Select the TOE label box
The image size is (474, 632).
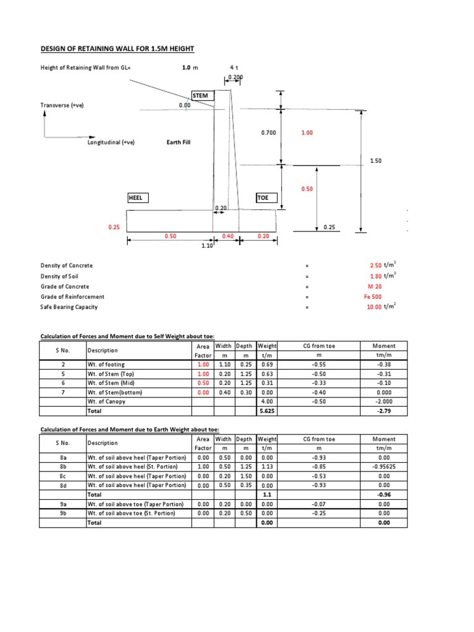(267, 197)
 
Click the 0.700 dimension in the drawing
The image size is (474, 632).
(269, 133)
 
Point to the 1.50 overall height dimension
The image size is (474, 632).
(376, 160)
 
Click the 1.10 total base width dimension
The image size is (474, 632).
(207, 246)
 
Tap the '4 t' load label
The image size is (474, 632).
(234, 67)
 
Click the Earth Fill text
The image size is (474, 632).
(178, 142)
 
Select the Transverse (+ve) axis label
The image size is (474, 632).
(62, 106)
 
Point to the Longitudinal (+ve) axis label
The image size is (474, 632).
(111, 142)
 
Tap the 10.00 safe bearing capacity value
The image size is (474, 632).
(375, 307)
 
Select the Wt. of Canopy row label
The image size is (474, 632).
(107, 401)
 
